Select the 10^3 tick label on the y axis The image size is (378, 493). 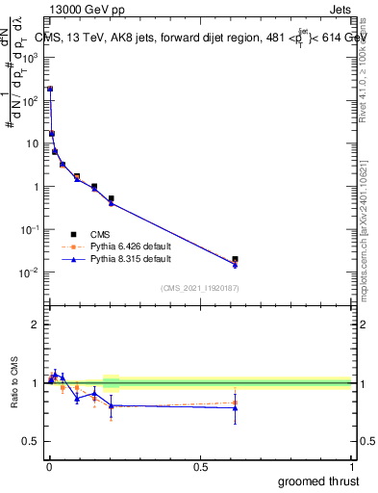(31, 57)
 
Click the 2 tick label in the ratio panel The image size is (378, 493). (36, 324)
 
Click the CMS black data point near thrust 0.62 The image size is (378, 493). (236, 259)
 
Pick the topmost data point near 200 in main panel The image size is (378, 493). (50, 89)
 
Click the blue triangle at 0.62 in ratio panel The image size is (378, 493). (236, 407)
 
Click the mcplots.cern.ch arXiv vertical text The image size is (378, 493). (363, 221)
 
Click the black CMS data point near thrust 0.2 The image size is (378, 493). (112, 198)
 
